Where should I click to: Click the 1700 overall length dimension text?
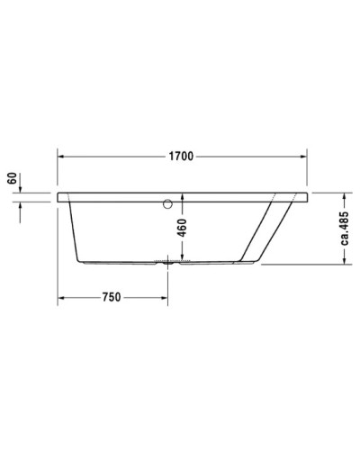pos(180,157)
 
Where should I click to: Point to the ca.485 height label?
pos(345,229)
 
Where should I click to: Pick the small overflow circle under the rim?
pos(166,204)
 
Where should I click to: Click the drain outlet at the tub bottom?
pos(167,264)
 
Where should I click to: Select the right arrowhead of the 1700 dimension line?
pos(303,157)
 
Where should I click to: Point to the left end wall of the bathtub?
pos(73,229)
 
